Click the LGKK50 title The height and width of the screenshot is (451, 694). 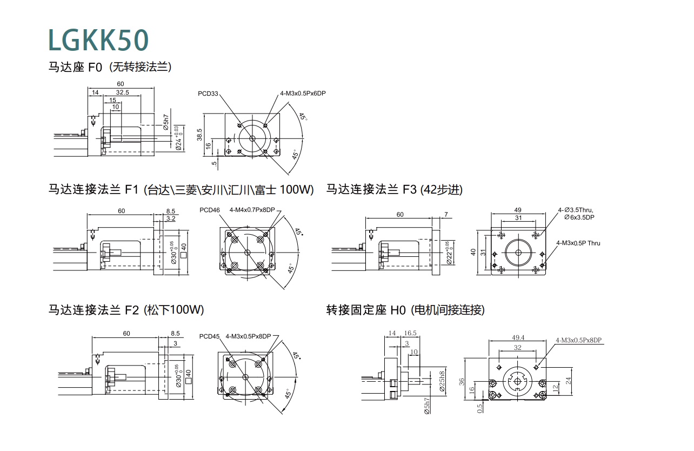(98, 39)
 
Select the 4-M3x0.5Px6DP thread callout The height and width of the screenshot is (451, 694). (303, 94)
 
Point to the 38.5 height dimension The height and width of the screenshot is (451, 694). (199, 134)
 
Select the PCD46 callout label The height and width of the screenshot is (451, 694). (209, 210)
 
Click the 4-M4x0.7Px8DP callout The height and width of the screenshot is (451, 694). (252, 210)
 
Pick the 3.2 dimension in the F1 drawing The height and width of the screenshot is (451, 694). (171, 218)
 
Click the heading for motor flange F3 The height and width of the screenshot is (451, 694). (395, 189)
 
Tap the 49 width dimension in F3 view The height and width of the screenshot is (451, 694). (518, 210)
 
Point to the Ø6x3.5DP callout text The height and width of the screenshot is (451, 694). (579, 217)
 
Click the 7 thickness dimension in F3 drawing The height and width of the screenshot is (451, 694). (445, 215)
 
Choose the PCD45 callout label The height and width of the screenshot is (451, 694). (209, 336)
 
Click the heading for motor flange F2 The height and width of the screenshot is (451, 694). (126, 310)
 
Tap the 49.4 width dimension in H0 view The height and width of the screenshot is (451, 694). (518, 338)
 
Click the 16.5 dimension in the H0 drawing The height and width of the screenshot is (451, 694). (410, 334)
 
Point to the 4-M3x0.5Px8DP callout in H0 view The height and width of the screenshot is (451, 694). (578, 340)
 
